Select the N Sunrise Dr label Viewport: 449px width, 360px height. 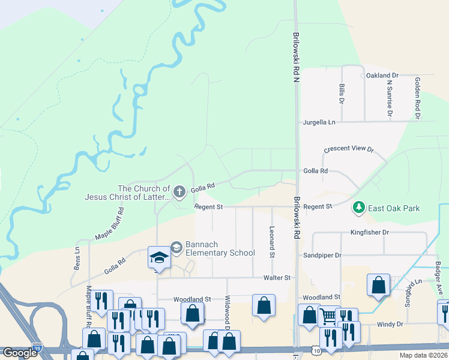point(389,97)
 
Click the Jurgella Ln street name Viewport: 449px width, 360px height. point(319,122)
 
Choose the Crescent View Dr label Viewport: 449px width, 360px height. point(349,149)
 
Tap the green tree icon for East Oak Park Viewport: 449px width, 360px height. point(359,208)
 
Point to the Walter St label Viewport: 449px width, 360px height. point(277,278)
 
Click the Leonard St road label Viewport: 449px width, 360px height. point(272,242)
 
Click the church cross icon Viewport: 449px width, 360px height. point(178,192)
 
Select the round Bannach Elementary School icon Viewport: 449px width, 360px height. point(176,247)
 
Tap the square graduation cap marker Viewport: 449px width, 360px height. point(159,257)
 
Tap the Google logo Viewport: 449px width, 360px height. point(20,353)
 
